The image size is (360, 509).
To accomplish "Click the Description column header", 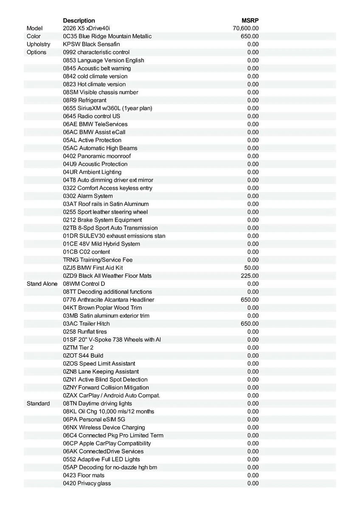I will tap(79, 20).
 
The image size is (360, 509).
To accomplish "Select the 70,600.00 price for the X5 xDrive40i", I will tap(246, 28).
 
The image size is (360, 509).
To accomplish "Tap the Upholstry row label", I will tap(38, 44).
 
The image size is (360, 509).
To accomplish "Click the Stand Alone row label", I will tap(42, 284).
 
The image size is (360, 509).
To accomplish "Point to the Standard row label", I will tap(38, 403).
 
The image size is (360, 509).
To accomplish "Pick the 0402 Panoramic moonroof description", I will tap(97, 156).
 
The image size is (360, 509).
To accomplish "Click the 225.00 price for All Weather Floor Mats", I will tap(250, 276).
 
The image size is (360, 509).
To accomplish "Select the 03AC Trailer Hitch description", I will tap(86, 324).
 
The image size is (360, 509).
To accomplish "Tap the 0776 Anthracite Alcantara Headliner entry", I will tap(109, 299).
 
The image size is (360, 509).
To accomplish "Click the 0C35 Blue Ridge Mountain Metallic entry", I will tap(107, 36).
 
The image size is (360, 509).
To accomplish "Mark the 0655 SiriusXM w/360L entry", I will tap(107, 108).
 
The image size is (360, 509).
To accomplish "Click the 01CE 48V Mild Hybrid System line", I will tap(101, 244).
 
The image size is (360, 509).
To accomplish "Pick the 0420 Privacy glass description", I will tap(87, 483).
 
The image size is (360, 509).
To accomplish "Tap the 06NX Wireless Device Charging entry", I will tap(104, 427).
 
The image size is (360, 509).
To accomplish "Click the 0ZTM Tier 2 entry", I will tap(78, 347).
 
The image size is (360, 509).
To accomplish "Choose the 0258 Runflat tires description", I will tap(85, 332).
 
